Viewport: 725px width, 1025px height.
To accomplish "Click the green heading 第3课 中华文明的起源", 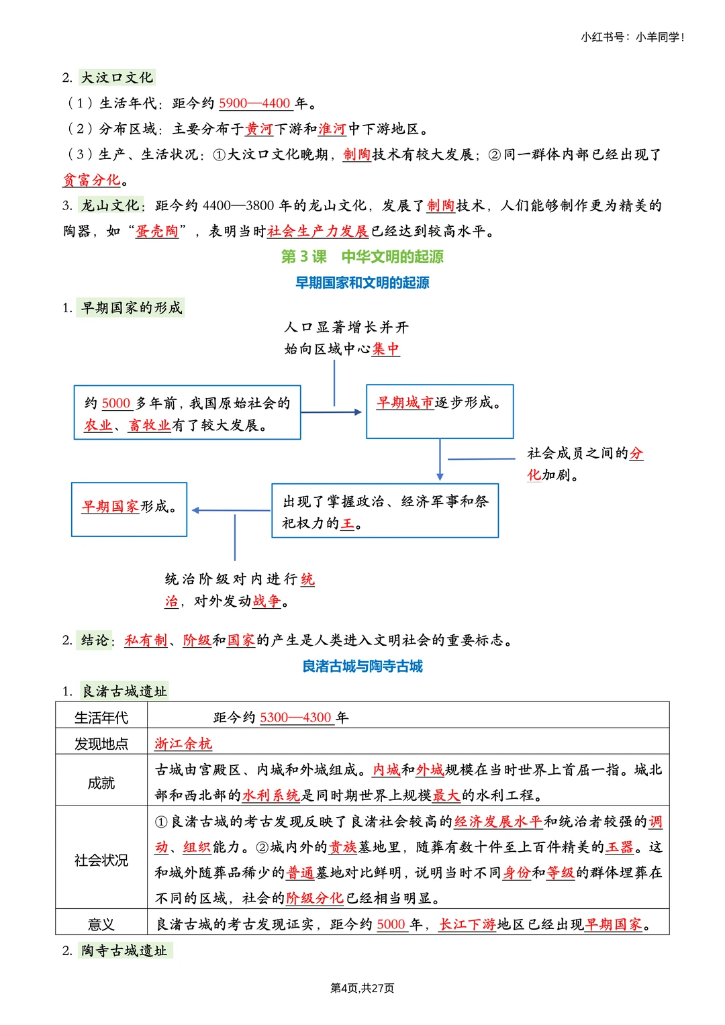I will click(362, 256).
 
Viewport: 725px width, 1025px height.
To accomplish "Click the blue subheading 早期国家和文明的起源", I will click(362, 283).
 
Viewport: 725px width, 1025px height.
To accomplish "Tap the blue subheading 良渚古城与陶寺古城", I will click(362, 666).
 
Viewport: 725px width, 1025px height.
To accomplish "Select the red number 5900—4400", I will click(254, 103).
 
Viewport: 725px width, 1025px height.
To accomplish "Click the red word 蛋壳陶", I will click(157, 232).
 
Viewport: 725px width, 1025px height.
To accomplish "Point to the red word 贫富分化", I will click(92, 180).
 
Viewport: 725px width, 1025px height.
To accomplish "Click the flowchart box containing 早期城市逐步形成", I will click(440, 411).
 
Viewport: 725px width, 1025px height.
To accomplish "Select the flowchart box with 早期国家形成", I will click(129, 509).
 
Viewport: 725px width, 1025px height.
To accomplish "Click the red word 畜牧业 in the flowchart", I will click(149, 425).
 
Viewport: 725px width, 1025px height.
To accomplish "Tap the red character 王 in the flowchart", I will click(347, 524).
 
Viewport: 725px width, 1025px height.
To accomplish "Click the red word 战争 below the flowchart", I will click(267, 601).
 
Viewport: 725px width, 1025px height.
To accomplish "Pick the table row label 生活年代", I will click(101, 718).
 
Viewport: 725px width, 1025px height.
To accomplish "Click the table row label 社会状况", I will click(101, 860).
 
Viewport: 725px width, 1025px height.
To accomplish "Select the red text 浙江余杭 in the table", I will click(183, 744).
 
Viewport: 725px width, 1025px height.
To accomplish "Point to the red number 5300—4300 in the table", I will click(295, 718).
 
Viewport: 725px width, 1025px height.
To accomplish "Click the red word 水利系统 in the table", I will click(271, 795).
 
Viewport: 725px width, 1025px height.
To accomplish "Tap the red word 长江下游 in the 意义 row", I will click(467, 924).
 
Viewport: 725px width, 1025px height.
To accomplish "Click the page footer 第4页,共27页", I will click(362, 988).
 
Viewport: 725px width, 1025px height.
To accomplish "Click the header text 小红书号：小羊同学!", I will click(632, 38).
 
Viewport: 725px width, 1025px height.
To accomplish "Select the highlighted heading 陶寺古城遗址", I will click(124, 950).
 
